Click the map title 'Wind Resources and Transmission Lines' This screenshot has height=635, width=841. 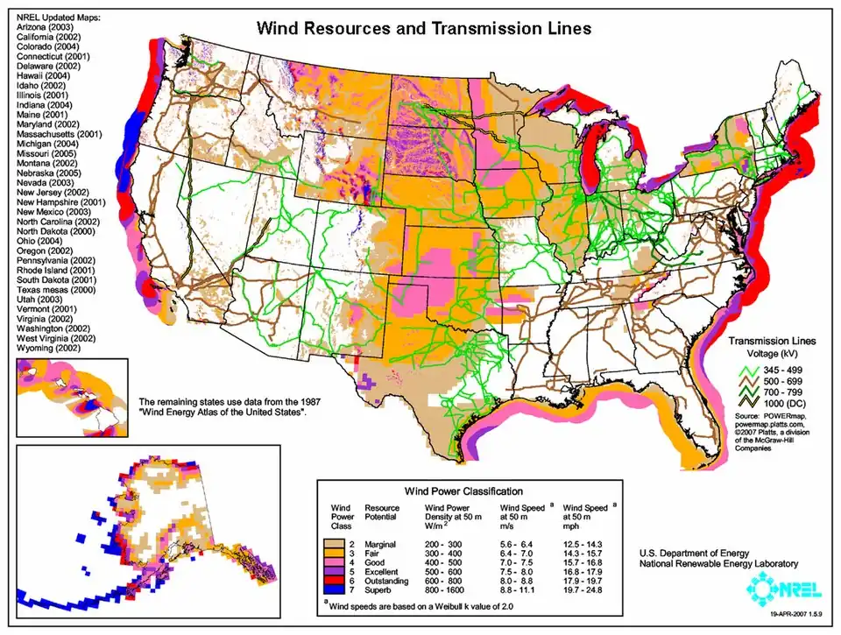coord(423,28)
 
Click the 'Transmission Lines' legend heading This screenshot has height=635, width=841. coord(772,339)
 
